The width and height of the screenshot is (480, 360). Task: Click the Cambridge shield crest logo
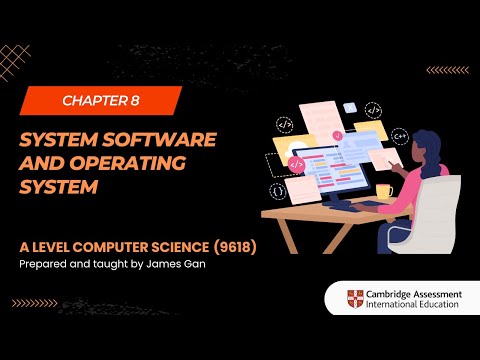click(355, 298)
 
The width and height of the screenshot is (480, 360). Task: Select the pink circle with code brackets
click(295, 163)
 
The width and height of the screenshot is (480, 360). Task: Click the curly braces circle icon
click(276, 189)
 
